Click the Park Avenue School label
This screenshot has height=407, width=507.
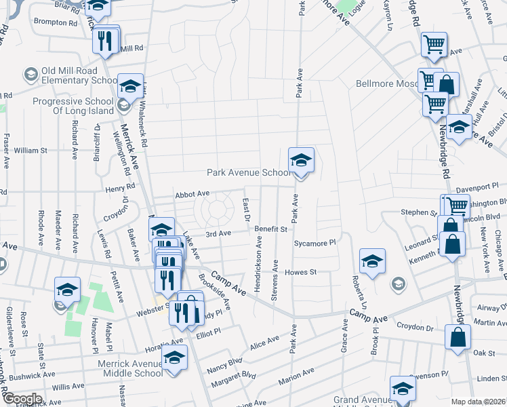coord(248,173)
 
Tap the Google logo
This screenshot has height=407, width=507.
coord(22,399)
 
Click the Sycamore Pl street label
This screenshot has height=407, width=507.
coord(315,242)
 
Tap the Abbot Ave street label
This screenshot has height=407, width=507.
coord(192,194)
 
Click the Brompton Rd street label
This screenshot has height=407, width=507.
coord(56,22)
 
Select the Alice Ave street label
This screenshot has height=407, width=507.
coord(264,343)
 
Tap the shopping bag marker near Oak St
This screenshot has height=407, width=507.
coord(458,337)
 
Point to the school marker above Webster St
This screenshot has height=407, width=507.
coord(67,290)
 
